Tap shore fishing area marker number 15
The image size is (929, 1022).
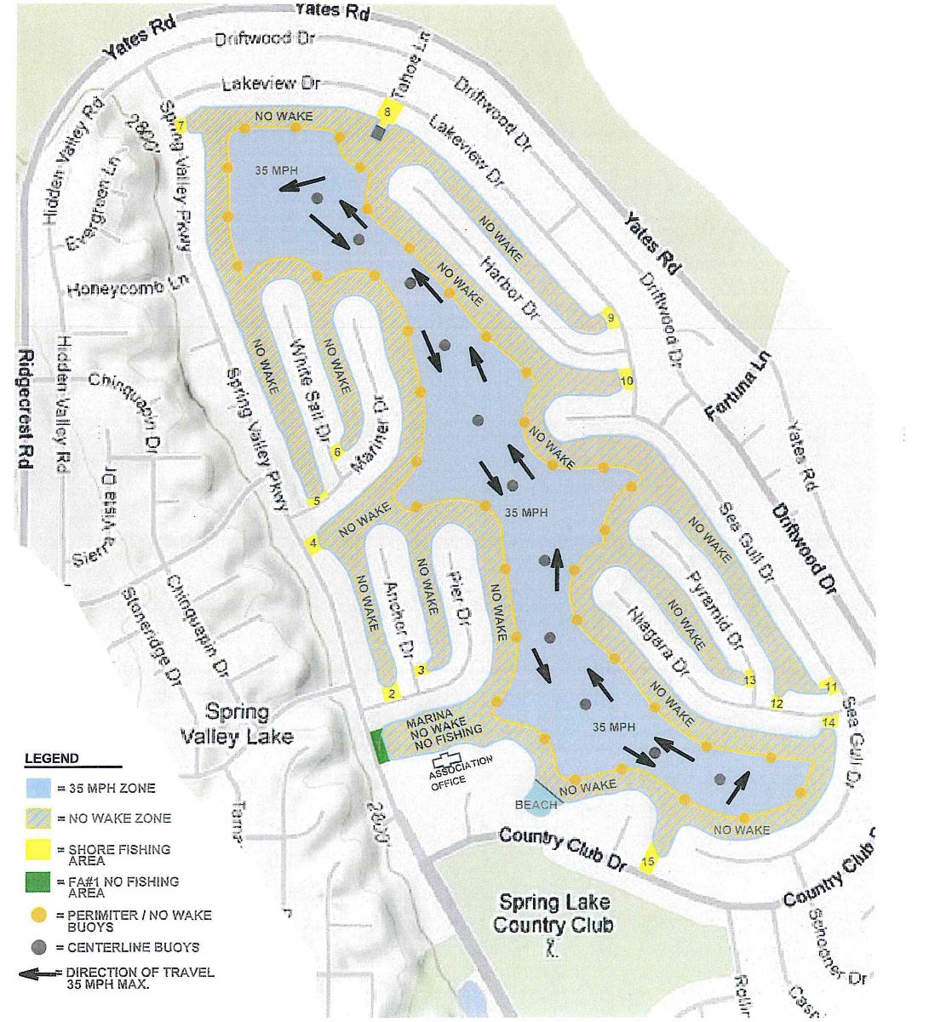(648, 862)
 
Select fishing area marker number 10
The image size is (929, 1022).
(627, 381)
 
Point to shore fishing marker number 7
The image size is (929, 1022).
(181, 127)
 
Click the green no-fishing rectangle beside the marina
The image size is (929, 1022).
(380, 745)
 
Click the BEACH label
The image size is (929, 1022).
(536, 804)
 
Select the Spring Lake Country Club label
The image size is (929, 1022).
(553, 913)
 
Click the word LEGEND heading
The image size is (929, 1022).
(51, 758)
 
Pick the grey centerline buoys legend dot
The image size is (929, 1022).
(38, 947)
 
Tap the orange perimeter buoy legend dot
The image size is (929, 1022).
(38, 916)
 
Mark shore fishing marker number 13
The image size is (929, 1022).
(749, 680)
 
